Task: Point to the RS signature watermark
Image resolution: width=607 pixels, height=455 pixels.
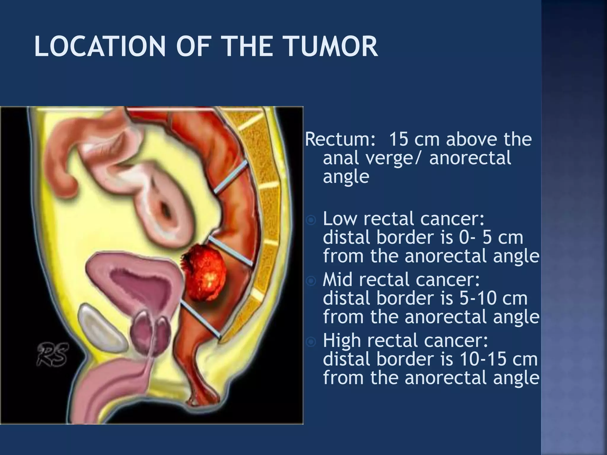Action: tap(52, 354)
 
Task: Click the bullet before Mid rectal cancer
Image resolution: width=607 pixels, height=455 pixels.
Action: tap(311, 281)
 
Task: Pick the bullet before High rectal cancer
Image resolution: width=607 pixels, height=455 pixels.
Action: tap(311, 342)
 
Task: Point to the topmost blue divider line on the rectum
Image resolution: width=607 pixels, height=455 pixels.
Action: tap(231, 177)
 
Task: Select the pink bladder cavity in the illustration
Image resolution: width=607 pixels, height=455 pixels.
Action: tap(139, 284)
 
